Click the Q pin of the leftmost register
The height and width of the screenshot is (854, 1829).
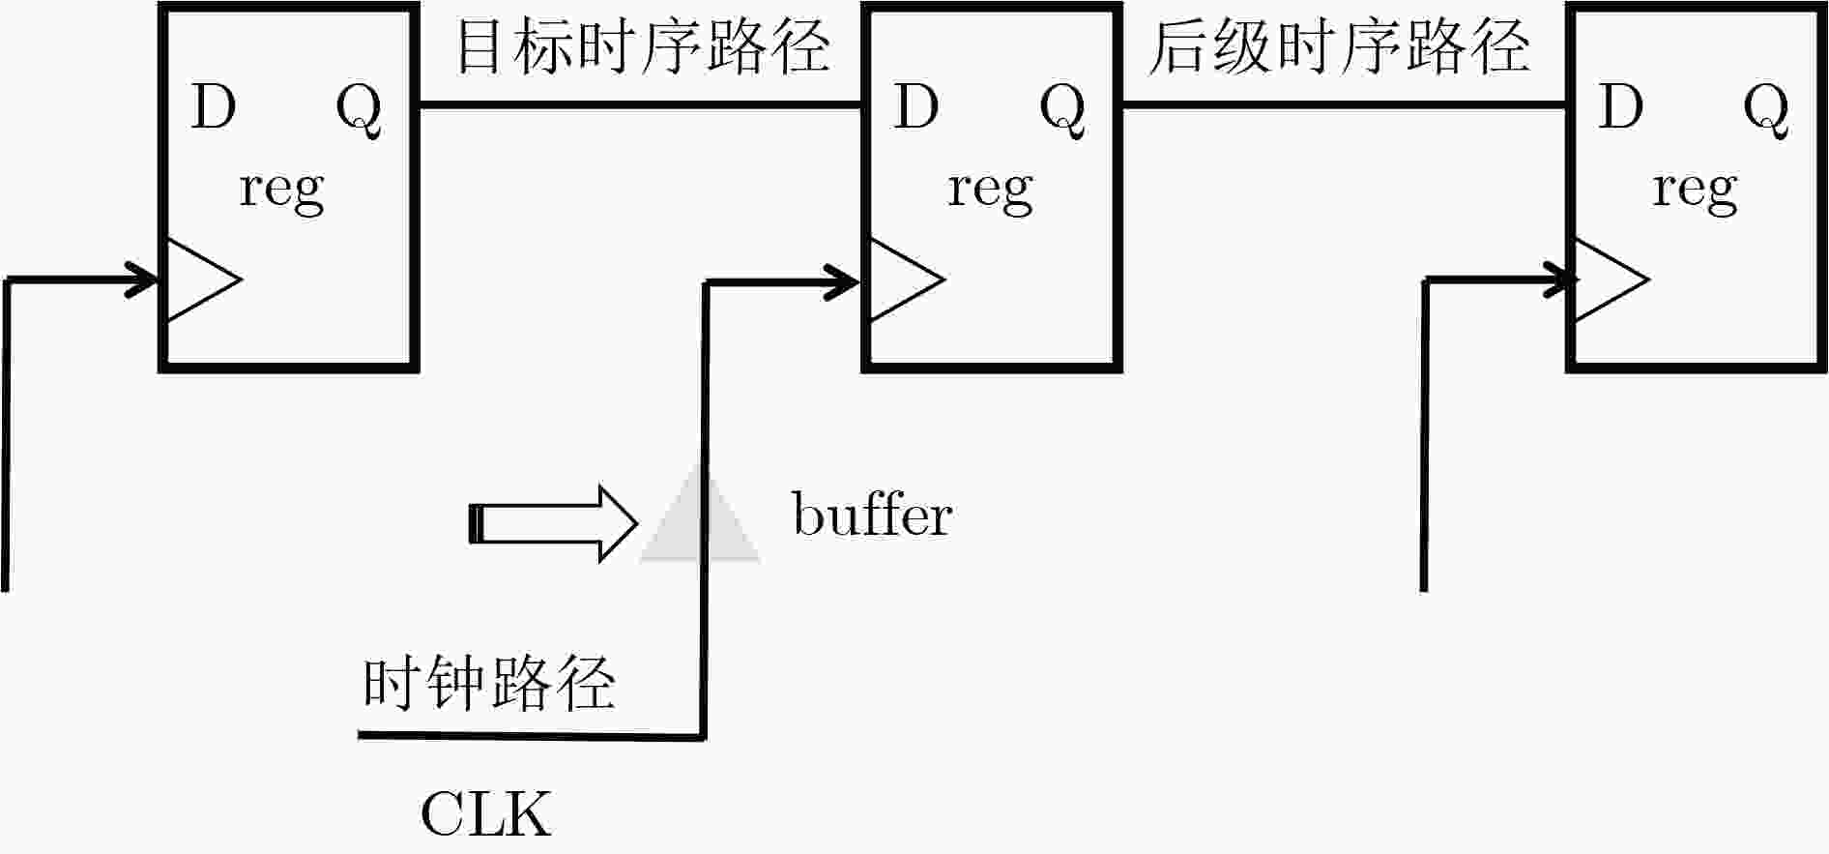pos(359,110)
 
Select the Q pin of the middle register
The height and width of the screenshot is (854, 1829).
pos(1062,110)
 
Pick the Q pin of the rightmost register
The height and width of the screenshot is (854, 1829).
pos(1766,110)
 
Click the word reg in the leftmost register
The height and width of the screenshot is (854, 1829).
pos(281,191)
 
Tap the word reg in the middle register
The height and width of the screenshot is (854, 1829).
pos(990,191)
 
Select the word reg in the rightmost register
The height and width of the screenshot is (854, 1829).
pos(1695,191)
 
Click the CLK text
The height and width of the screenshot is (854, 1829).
pos(485,813)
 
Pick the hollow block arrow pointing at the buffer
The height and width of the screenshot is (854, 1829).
pos(554,523)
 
